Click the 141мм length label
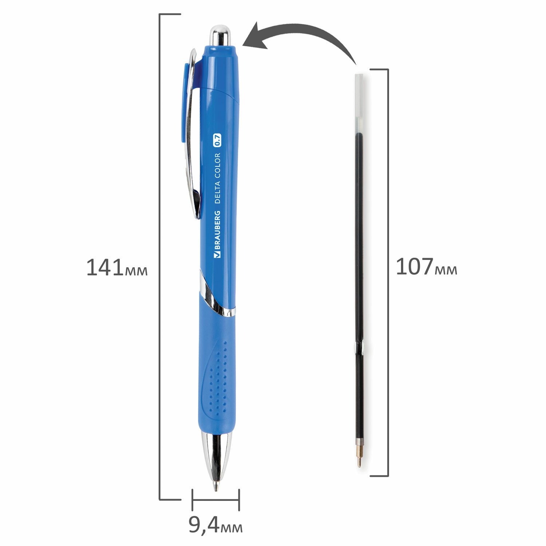tap(117, 268)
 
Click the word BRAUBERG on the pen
tap(217, 235)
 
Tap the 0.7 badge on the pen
tap(217, 141)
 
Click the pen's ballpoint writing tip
tap(215, 486)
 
